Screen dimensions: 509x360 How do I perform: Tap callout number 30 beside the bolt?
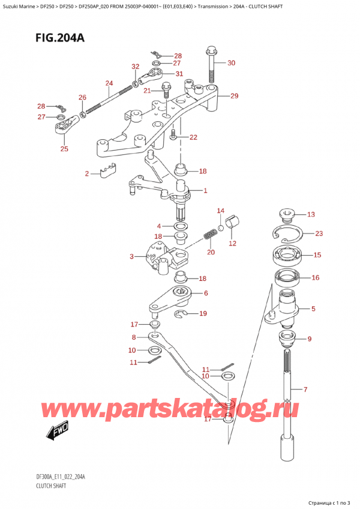click(232, 62)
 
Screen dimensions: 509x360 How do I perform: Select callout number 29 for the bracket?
click(234, 96)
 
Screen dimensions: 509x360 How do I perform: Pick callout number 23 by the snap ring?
click(319, 234)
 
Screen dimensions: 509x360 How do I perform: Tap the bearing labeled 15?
click(289, 255)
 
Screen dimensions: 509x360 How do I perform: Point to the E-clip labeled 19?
click(182, 313)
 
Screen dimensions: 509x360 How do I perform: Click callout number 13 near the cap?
click(310, 215)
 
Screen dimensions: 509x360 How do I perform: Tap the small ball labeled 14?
click(221, 228)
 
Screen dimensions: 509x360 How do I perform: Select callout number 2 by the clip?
click(87, 174)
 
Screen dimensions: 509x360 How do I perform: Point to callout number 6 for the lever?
click(205, 294)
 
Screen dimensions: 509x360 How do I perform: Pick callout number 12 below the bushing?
click(232, 244)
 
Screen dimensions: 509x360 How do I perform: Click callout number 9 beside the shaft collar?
click(309, 339)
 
